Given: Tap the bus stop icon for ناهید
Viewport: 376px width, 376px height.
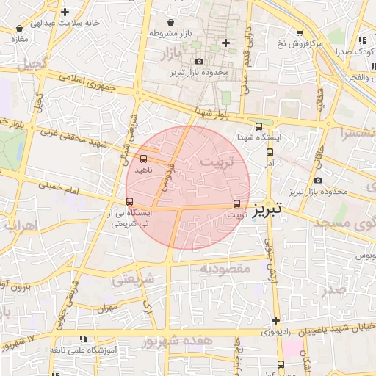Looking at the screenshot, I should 143,159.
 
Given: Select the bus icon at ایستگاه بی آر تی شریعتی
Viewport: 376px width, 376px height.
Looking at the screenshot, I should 130,202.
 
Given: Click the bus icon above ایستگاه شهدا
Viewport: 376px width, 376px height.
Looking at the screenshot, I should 258,126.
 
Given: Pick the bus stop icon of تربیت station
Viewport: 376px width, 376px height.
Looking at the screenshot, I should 236,204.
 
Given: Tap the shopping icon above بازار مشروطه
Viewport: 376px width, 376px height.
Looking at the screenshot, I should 171,22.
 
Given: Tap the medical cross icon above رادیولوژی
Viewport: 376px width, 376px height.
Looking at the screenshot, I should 275,320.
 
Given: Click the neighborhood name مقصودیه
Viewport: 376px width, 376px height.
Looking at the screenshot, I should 225,269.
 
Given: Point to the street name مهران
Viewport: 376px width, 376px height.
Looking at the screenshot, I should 110,308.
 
